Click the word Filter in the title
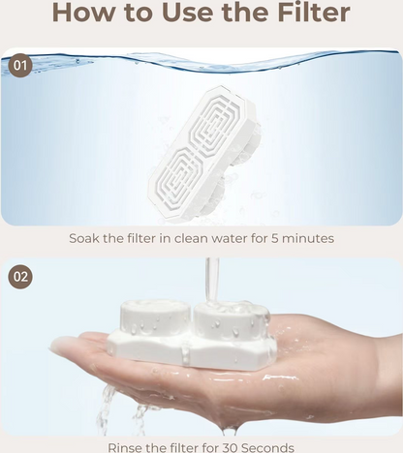pyautogui.click(x=305, y=14)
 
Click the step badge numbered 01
pyautogui.click(x=21, y=66)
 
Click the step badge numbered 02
pyautogui.click(x=21, y=277)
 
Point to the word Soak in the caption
pyautogui.click(x=87, y=238)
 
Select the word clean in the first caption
pyautogui.click(x=192, y=238)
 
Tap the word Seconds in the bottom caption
pyautogui.click(x=275, y=446)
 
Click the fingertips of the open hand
pyautogui.click(x=63, y=345)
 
